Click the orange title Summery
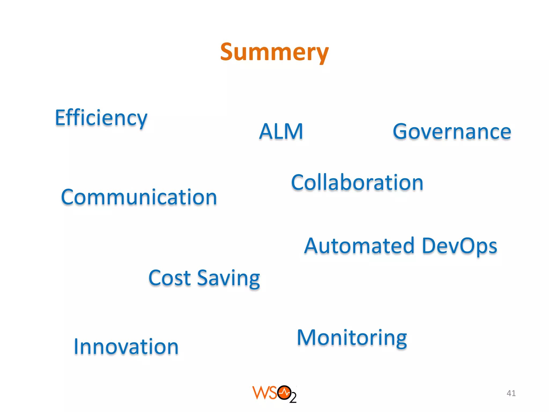click(x=274, y=52)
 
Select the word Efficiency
click(x=101, y=118)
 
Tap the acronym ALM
click(x=281, y=131)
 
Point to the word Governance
click(x=452, y=131)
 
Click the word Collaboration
click(x=357, y=183)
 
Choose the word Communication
click(x=139, y=197)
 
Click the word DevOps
click(x=459, y=246)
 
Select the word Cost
click(x=169, y=278)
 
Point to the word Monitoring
click(x=352, y=338)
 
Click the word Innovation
click(x=126, y=347)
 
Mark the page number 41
click(x=511, y=393)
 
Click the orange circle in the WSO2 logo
click(x=284, y=393)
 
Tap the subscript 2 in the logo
click(x=293, y=398)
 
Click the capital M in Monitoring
click(x=307, y=337)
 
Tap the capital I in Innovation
click(x=76, y=347)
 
